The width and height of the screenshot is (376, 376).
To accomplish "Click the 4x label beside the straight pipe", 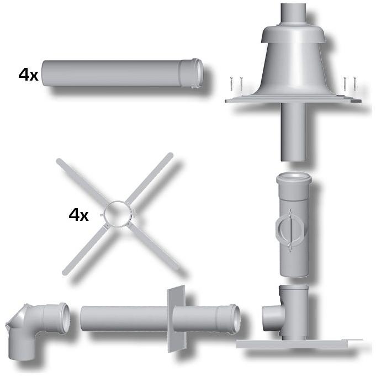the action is pyautogui.click(x=28, y=75).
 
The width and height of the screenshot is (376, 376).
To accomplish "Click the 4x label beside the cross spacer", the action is pyautogui.click(x=78, y=215).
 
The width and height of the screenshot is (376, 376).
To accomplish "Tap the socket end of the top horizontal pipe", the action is pyautogui.click(x=192, y=73).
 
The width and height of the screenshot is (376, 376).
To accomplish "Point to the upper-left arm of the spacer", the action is pyautogui.click(x=82, y=183).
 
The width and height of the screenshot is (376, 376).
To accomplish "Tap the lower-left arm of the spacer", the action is pyautogui.click(x=84, y=250).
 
